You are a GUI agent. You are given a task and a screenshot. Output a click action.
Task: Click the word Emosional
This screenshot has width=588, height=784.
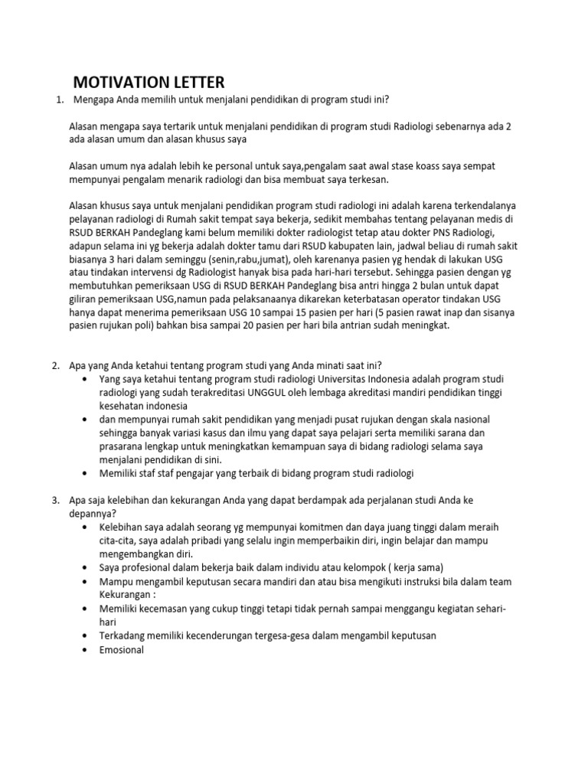point(121,650)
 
